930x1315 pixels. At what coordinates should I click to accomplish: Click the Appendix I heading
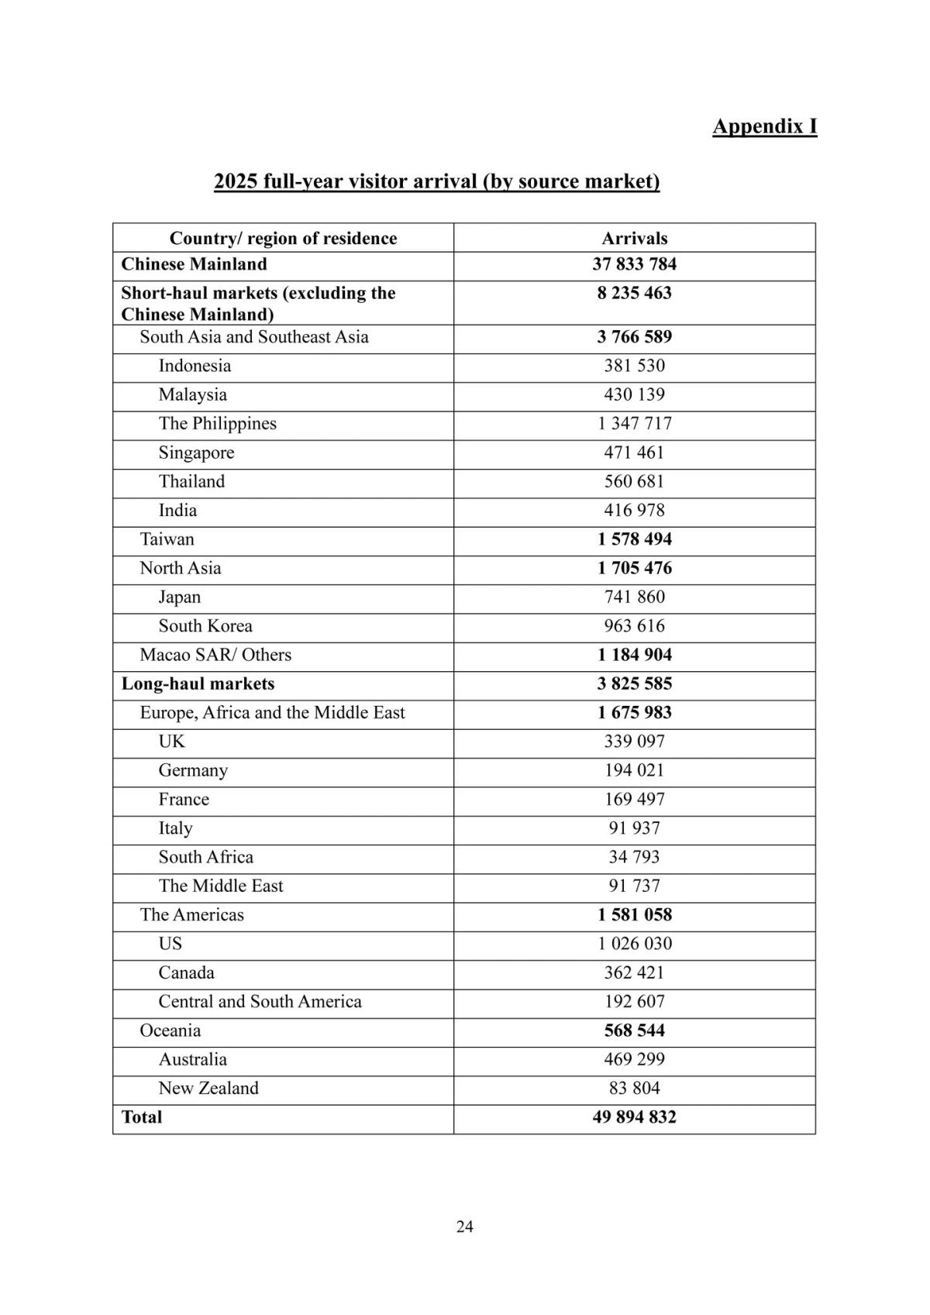click(x=764, y=126)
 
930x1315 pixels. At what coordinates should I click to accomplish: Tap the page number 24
click(x=464, y=1226)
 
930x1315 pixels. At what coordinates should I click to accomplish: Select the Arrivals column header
click(x=634, y=238)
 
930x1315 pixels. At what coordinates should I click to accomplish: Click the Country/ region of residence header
click(x=283, y=238)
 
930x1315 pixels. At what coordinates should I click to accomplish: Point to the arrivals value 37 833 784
click(x=634, y=264)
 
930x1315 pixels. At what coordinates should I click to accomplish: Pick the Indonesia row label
click(x=195, y=366)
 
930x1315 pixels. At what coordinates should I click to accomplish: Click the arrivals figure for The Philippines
click(x=634, y=424)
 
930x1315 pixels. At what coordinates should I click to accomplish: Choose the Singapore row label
click(x=196, y=453)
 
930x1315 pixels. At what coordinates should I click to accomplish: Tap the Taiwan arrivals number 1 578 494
click(x=634, y=539)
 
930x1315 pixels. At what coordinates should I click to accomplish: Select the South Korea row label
click(x=205, y=626)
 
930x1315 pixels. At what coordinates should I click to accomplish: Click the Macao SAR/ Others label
click(x=215, y=655)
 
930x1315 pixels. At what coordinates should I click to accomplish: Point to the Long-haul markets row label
click(x=198, y=683)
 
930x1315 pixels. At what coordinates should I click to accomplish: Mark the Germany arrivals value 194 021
click(x=634, y=770)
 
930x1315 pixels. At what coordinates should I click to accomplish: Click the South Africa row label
click(x=206, y=857)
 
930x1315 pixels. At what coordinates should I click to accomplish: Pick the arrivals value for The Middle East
click(x=634, y=886)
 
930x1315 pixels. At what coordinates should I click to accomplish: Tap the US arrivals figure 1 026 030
click(x=634, y=944)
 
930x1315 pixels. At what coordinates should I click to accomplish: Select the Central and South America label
click(x=260, y=1001)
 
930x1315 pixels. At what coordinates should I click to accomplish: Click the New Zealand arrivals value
click(x=634, y=1088)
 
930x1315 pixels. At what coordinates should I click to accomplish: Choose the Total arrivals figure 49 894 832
click(x=634, y=1117)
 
